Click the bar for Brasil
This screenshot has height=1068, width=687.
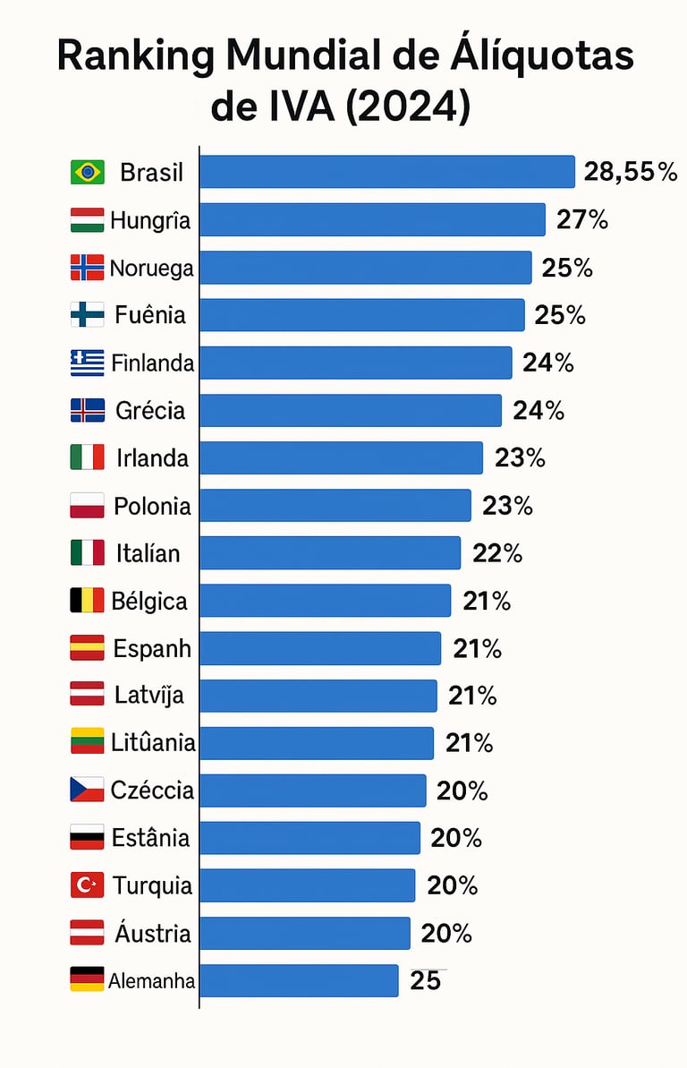tap(386, 172)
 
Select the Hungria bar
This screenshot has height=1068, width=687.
tap(372, 219)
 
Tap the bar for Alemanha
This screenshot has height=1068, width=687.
tap(298, 980)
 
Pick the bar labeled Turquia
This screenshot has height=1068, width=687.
tap(307, 885)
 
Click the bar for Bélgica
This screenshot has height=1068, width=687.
tap(325, 601)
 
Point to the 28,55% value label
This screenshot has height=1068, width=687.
tap(631, 172)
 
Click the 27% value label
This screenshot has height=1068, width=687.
tap(582, 219)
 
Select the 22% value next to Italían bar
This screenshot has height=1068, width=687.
tap(497, 553)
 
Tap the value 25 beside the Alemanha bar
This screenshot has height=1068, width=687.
tap(426, 981)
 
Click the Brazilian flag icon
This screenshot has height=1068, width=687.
tap(87, 172)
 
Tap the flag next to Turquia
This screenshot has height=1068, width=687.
tap(87, 885)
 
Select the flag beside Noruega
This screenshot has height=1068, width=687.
tap(87, 267)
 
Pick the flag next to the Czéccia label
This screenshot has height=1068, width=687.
tap(87, 790)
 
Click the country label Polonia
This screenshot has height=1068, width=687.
tap(152, 506)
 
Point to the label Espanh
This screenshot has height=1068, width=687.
tap(152, 648)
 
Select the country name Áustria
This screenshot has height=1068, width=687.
tap(153, 933)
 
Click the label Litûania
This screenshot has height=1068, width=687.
tap(153, 743)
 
